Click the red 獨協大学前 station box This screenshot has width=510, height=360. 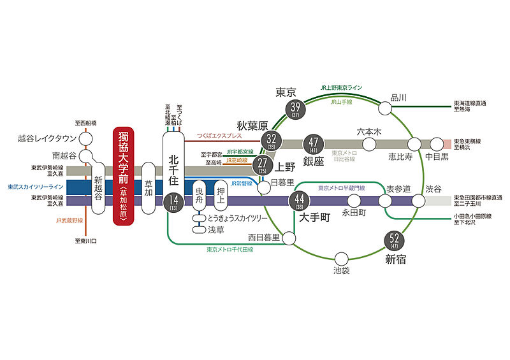coord(125,176)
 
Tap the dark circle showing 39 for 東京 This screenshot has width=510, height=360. coord(295,109)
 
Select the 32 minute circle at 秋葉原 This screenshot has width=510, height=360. coord(272,140)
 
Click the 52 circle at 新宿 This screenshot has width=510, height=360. coord(395,240)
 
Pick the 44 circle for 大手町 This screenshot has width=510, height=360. coord(298,201)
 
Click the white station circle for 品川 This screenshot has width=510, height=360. coord(385,108)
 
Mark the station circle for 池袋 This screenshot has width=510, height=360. coord(342,258)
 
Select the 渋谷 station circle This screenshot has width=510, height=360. coord(418,201)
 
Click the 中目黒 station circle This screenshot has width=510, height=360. coord(437,143)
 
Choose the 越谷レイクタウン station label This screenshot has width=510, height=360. coord(48,138)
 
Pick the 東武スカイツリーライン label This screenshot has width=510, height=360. coord(36,187)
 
